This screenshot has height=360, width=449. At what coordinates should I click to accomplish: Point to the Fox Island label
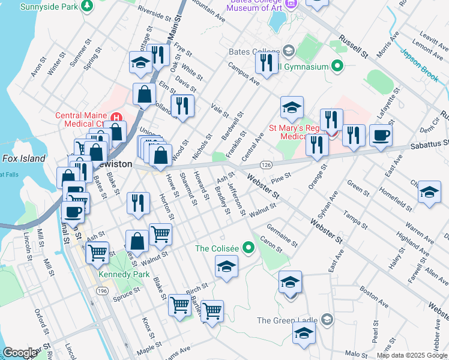pos(24,158)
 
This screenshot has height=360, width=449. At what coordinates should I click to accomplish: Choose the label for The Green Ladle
pos(287,320)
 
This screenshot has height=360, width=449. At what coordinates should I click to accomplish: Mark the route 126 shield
pos(267,164)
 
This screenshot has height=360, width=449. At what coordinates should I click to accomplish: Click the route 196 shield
pos(102,290)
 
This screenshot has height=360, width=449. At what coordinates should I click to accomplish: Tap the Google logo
pos(20,353)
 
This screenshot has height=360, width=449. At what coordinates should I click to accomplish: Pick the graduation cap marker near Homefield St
pos(429,192)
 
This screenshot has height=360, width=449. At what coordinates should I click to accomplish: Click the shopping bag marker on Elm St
pos(144,94)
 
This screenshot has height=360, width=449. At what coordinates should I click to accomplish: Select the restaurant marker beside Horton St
pos(138,202)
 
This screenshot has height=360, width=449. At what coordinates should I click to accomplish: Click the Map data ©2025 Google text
pos(412,355)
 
